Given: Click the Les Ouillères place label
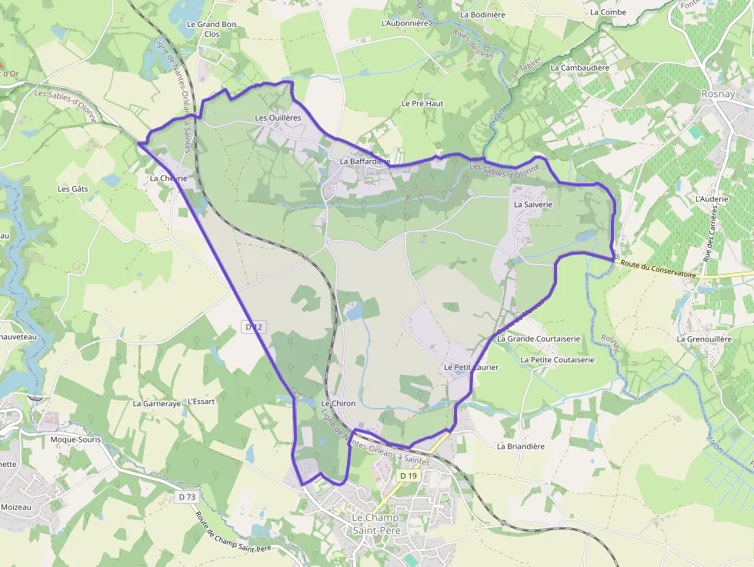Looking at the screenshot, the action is point(278,118).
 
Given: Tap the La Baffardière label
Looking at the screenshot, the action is point(365,162).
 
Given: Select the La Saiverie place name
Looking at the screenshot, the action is point(533,205).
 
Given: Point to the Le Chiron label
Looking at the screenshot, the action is point(338,403).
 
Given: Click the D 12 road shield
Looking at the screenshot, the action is point(254,327).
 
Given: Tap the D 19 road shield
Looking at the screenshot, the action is point(408,476).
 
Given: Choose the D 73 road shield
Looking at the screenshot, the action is point(187,497).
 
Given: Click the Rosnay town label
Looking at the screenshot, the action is point(720,93).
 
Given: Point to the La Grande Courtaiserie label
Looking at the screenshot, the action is point(538,339).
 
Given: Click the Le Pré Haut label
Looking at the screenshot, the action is point(422,103).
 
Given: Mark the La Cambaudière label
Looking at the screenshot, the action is point(579,68).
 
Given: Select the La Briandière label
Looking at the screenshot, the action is point(520,446).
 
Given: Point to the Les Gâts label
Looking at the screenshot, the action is point(73,188).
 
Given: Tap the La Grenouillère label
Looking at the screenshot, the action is point(704,339).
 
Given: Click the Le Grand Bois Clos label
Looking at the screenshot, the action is point(212,29).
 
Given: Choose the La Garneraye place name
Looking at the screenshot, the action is point(156,403).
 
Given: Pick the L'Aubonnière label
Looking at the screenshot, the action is point(405,23).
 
